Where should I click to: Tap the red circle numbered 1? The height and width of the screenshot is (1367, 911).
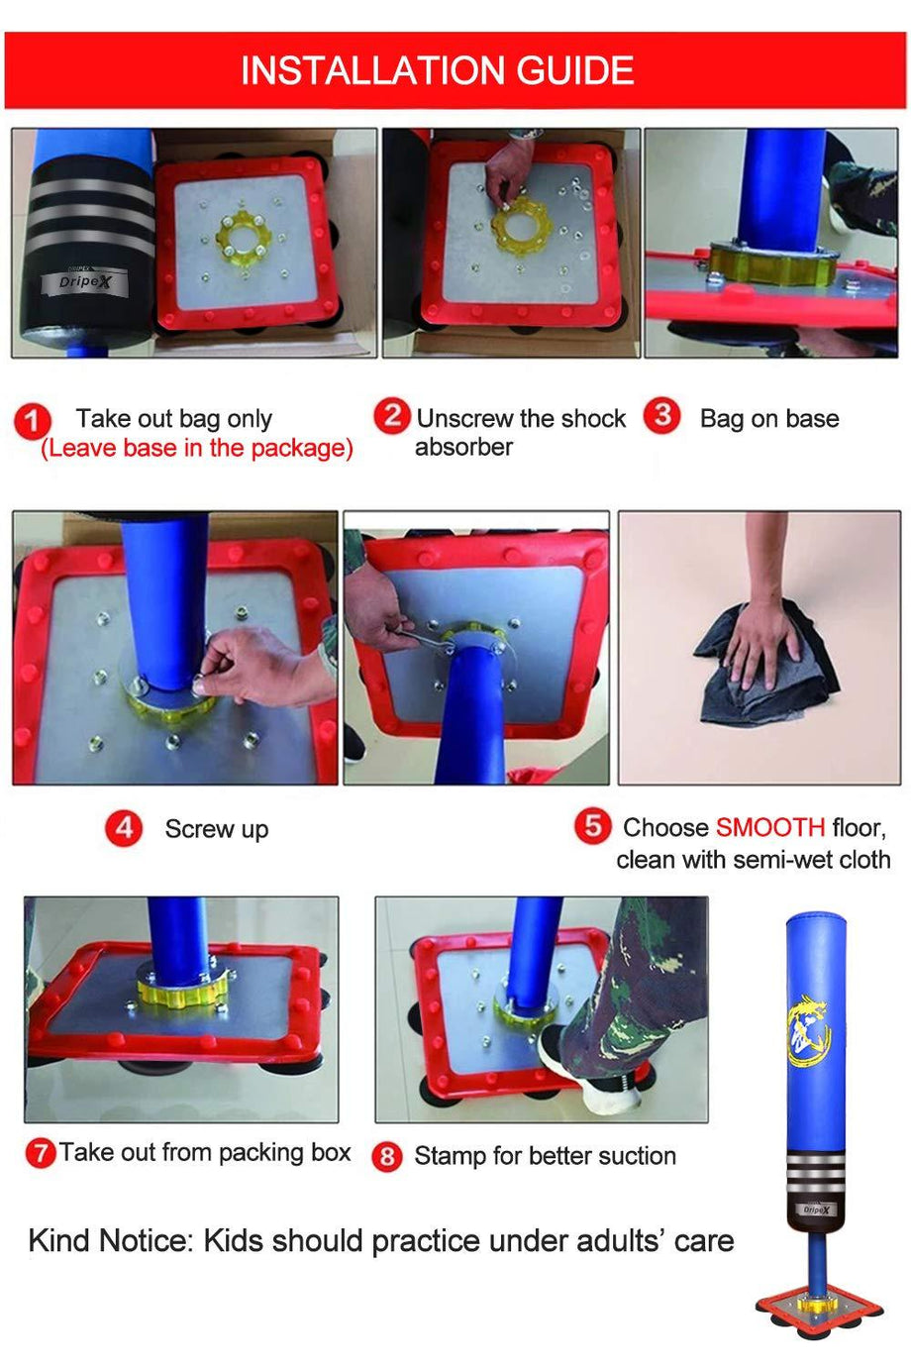coord(32,421)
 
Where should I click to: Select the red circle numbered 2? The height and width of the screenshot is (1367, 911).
coord(392,415)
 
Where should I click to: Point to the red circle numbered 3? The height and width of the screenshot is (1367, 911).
coord(661,415)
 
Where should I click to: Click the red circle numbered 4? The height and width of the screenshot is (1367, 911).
coord(124,827)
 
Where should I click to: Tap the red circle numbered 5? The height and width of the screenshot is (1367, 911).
coord(592,825)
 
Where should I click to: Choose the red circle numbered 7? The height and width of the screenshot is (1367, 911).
coord(40,1153)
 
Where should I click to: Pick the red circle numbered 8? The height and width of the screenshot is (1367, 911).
coord(386,1156)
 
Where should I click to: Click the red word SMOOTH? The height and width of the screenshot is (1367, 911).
coord(769,827)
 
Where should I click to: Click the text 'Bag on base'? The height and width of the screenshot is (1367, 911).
coord(768,419)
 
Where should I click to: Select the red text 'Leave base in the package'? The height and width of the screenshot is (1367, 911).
coord(196,448)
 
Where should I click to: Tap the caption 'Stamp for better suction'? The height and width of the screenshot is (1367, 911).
coord(545,1156)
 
